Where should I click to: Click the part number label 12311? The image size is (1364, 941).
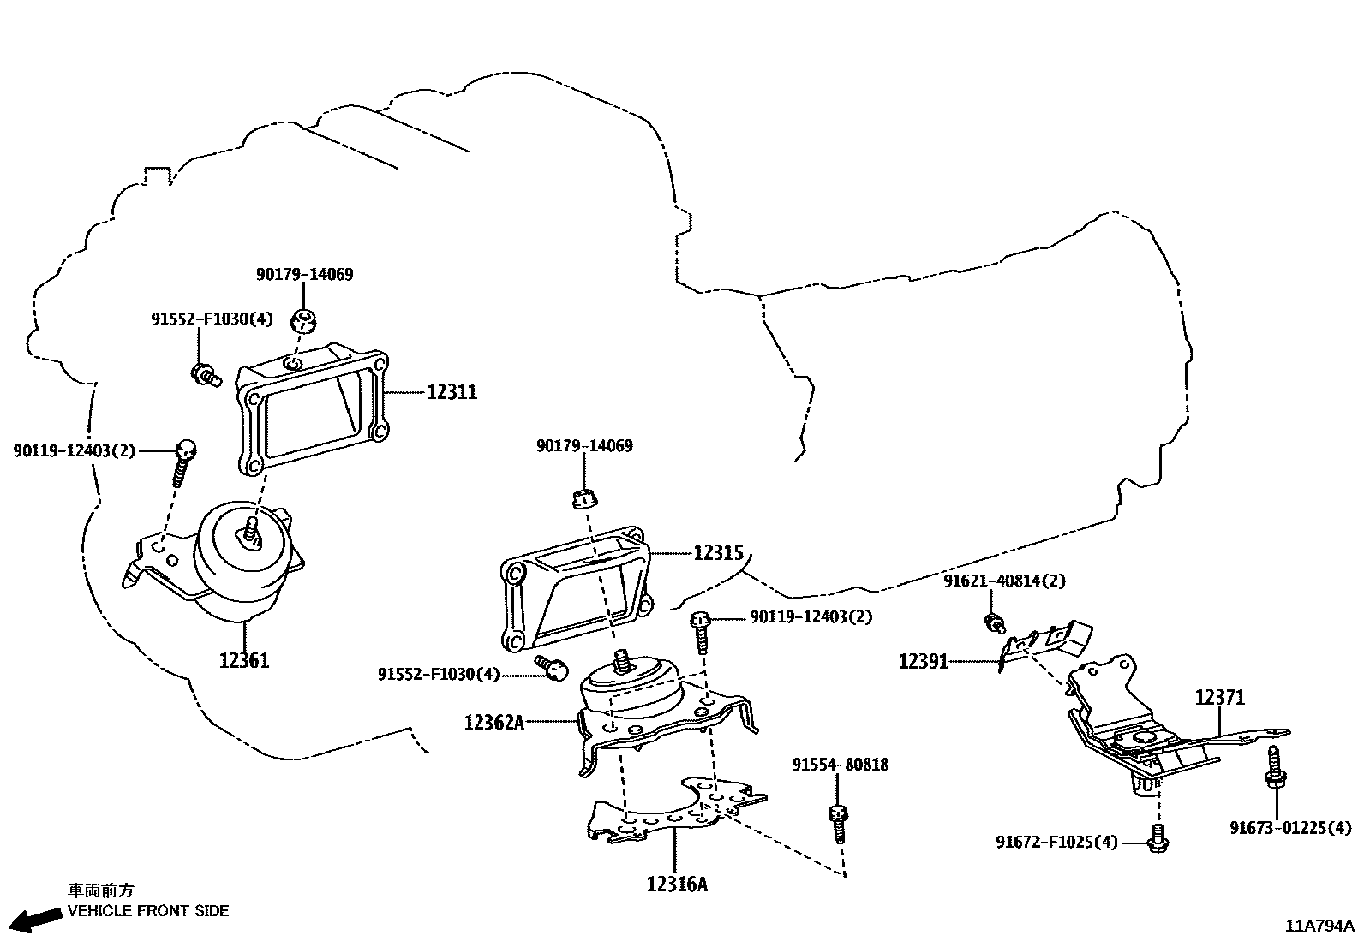pyautogui.click(x=452, y=392)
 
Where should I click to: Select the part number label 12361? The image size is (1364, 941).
pyautogui.click(x=244, y=660)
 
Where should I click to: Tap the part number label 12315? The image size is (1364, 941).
pyautogui.click(x=718, y=553)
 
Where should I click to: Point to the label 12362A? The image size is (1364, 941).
pyautogui.click(x=494, y=723)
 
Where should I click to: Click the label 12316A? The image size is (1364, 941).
pyautogui.click(x=677, y=884)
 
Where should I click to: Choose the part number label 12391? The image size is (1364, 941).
pyautogui.click(x=923, y=661)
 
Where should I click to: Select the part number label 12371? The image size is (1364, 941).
pyautogui.click(x=1220, y=698)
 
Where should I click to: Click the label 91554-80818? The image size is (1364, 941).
pyautogui.click(x=840, y=765)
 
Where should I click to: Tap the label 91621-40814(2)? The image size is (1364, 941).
pyautogui.click(x=1004, y=581)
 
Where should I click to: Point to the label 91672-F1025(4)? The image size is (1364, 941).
pyautogui.click(x=1056, y=842)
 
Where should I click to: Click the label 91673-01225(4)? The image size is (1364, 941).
pyautogui.click(x=1290, y=827)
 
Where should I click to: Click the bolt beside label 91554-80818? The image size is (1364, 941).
pyautogui.click(x=838, y=823)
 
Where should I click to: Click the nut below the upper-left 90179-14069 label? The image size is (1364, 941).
pyautogui.click(x=304, y=321)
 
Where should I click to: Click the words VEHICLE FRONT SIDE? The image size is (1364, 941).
pyautogui.click(x=148, y=911)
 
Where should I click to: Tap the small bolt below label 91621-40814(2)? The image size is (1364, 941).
pyautogui.click(x=994, y=622)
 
